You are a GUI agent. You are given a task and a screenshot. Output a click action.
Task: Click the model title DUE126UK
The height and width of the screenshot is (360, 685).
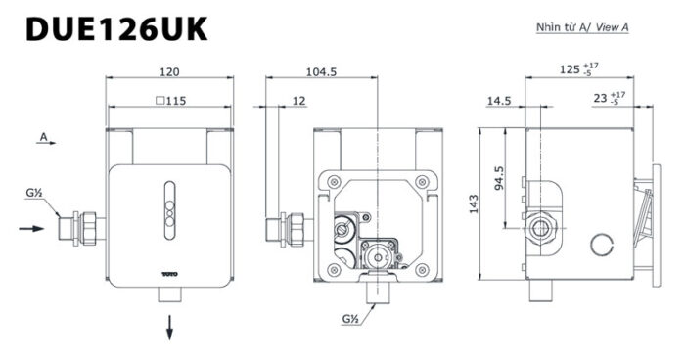pos(116,28)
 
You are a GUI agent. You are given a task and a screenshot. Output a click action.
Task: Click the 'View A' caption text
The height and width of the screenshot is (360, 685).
pos(613,27)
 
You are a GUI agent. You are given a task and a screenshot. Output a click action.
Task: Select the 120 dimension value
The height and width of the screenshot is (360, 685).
pos(169,71)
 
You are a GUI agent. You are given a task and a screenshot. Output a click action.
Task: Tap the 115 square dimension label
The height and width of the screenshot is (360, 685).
pos(171,101)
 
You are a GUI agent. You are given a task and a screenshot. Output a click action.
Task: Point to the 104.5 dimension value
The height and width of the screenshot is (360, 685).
pos(321,71)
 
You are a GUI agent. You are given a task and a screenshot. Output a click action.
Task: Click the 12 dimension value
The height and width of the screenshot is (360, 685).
pos(298,101)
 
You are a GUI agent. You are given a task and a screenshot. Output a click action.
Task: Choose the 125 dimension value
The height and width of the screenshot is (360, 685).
pos(570,69)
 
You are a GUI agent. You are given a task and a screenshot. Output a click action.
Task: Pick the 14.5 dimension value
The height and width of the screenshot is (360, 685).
pos(499,101)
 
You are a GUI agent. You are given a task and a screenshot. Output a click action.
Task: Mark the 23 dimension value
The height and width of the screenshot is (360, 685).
pos(600,98)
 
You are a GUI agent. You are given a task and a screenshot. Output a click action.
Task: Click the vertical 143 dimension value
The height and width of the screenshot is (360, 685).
pos(474,204)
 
